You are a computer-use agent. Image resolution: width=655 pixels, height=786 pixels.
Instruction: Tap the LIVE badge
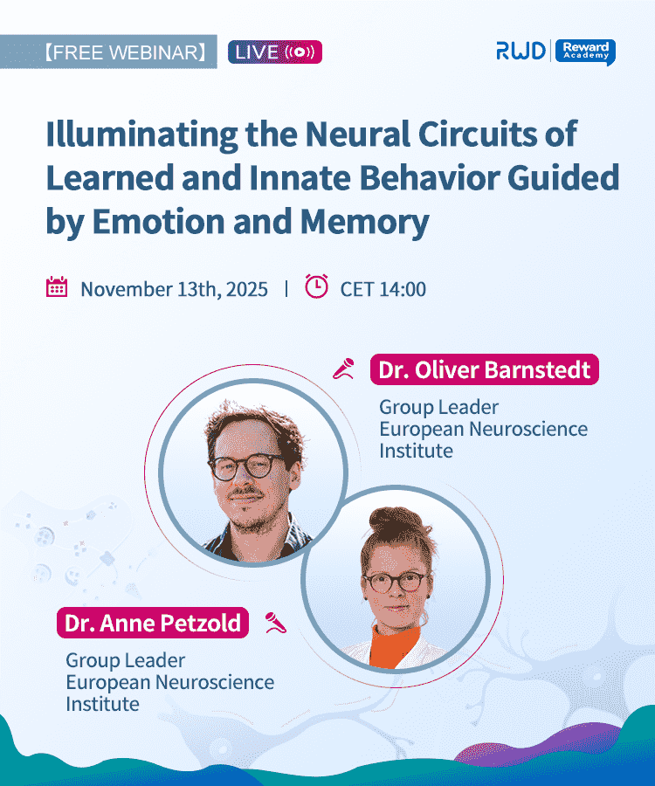[x=275, y=52]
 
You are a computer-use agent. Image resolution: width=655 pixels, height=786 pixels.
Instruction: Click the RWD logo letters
[x=521, y=52]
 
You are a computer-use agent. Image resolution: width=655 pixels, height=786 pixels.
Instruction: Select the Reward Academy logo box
[x=585, y=52]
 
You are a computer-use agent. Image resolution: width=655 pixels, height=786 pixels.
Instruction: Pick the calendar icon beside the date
[x=57, y=287]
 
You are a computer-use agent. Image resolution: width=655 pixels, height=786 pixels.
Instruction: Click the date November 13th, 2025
[x=174, y=289]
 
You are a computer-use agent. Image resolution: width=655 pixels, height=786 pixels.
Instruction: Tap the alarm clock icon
[x=317, y=286]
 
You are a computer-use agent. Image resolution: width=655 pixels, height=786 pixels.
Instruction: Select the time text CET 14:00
[x=383, y=289]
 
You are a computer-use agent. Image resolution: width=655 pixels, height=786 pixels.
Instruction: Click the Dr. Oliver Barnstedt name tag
[x=485, y=369]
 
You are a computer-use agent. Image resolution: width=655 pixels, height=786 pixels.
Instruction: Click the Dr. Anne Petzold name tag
[x=154, y=623]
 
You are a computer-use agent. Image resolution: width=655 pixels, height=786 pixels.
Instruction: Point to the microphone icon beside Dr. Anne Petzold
[x=276, y=623]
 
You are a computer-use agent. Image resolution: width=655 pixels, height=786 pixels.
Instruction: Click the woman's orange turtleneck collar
[x=395, y=640]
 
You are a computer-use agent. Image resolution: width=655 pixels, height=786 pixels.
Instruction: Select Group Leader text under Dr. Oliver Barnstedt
[x=438, y=407]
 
